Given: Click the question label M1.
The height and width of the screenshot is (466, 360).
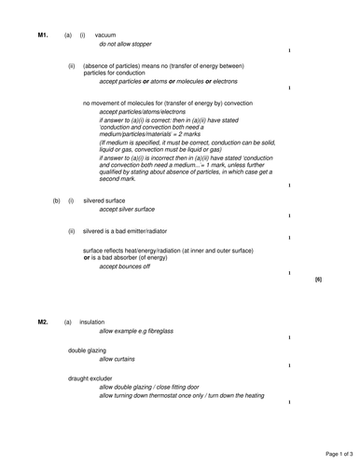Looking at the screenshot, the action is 43,35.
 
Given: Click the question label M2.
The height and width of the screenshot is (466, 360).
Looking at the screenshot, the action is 43,322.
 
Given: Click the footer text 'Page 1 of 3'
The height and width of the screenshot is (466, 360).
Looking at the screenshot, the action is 334,453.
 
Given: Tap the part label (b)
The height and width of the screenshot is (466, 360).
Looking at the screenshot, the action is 56,200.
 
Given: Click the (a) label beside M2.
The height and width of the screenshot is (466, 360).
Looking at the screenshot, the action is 68,322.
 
